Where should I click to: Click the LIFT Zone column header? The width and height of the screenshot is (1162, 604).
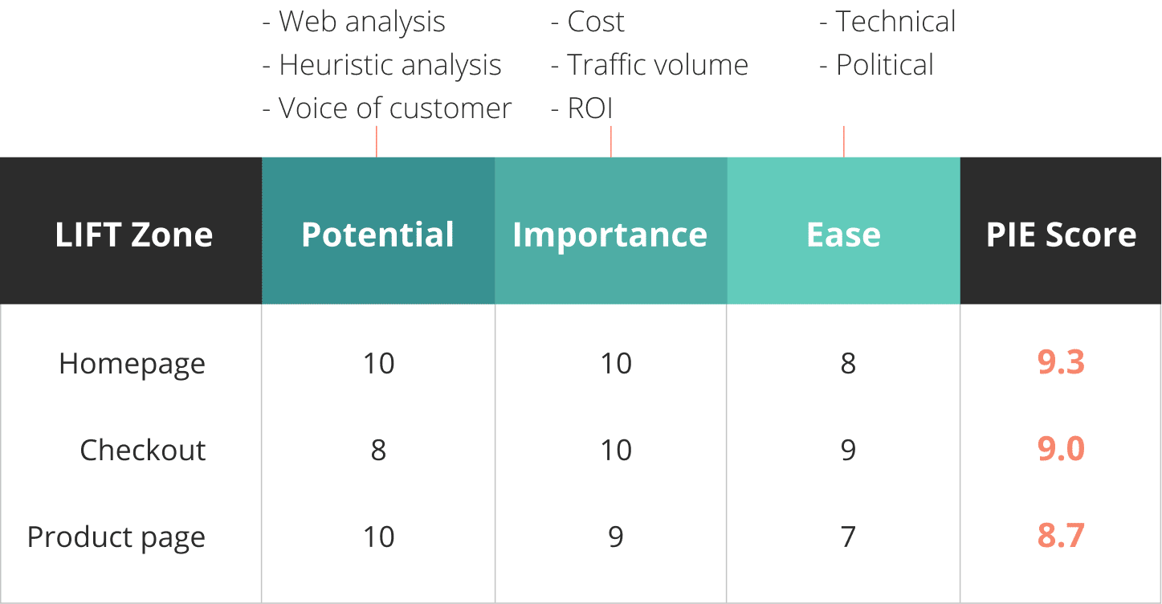click(x=134, y=235)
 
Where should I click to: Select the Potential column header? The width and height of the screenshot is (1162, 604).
click(x=377, y=235)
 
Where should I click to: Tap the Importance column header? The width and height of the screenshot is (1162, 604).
click(x=610, y=235)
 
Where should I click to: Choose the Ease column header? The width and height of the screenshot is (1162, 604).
click(x=843, y=235)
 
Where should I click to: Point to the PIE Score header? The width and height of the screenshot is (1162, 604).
click(x=1061, y=235)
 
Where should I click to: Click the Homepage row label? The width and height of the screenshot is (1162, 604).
click(x=132, y=364)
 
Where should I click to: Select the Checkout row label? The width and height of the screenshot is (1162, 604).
click(x=143, y=449)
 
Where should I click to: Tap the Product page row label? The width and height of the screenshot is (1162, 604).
click(x=116, y=537)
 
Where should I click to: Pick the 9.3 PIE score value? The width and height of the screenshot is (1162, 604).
click(x=1061, y=361)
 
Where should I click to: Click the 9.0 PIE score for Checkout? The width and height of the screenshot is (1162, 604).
click(x=1061, y=448)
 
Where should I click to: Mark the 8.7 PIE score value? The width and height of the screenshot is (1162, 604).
click(x=1061, y=535)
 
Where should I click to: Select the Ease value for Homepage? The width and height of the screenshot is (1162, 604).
click(x=848, y=363)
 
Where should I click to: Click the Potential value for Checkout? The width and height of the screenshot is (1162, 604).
click(x=378, y=450)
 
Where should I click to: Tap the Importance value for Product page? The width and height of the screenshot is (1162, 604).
click(x=616, y=537)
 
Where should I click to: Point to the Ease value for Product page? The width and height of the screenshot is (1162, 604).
click(x=848, y=537)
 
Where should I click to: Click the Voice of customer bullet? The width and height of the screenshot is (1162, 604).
click(x=386, y=108)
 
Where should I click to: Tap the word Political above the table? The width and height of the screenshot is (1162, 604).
click(x=884, y=65)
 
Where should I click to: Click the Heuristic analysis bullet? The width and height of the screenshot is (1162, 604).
click(x=381, y=65)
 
